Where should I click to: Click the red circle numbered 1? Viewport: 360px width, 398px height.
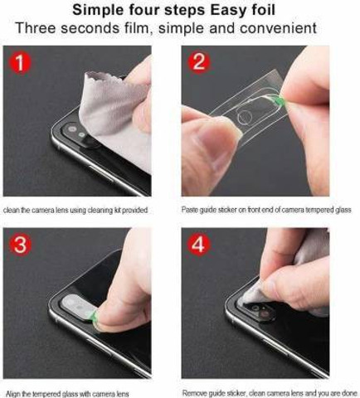click(20, 63)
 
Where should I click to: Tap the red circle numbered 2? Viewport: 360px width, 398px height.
click(199, 61)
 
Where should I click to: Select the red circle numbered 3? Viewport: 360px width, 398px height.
click(20, 245)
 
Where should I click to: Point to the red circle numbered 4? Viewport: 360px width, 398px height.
click(199, 244)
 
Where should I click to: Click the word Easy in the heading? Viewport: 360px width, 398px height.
click(231, 10)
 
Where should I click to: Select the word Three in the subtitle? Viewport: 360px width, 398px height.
click(36, 28)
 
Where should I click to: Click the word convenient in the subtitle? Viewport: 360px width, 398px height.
click(278, 28)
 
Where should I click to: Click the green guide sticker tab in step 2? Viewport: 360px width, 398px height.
click(280, 99)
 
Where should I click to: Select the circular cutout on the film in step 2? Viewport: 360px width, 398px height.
click(245, 116)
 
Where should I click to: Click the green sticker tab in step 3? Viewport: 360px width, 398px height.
click(93, 315)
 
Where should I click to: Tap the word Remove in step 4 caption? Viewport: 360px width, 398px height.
click(192, 393)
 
